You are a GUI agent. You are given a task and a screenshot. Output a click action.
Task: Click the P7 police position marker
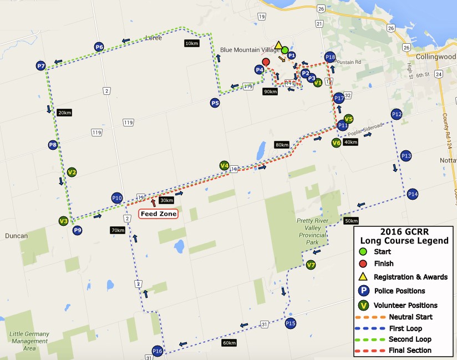pyautogui.click(x=41, y=66)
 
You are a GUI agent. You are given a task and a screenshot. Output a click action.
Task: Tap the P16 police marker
pyautogui.click(x=158, y=351)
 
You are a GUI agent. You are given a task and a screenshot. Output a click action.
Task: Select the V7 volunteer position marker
pyautogui.click(x=311, y=265)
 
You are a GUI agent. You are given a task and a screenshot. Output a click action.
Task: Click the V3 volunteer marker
pyautogui.click(x=63, y=221)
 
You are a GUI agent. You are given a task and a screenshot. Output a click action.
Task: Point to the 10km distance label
pyautogui.click(x=191, y=43)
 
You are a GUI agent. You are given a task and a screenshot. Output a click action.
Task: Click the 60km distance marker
pyautogui.click(x=229, y=343)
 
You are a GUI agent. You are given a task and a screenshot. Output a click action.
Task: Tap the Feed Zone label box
pyautogui.click(x=159, y=214)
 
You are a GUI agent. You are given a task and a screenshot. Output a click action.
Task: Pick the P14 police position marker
pyautogui.click(x=412, y=194)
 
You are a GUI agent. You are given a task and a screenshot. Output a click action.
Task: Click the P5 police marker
pyautogui.click(x=215, y=103)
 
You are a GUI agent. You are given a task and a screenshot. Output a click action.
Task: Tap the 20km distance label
pyautogui.click(x=64, y=113)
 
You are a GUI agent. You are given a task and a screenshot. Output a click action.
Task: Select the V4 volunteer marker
pyautogui.click(x=224, y=165)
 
